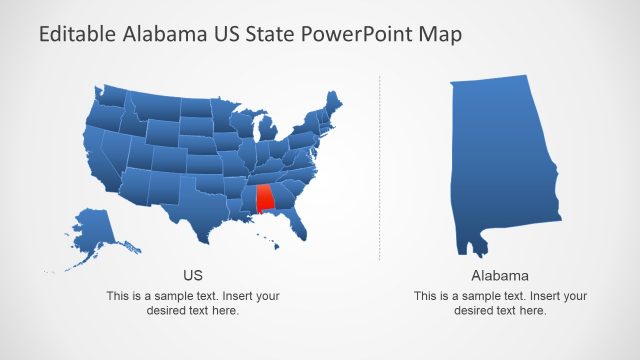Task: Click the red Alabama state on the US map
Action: tap(265, 198)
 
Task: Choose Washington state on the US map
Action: tap(110, 96)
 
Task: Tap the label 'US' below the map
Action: tap(193, 274)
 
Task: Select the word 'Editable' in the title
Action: tap(76, 35)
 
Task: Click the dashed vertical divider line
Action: tap(380, 170)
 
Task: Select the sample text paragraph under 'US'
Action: tap(193, 303)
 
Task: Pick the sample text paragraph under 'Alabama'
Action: tap(500, 303)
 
